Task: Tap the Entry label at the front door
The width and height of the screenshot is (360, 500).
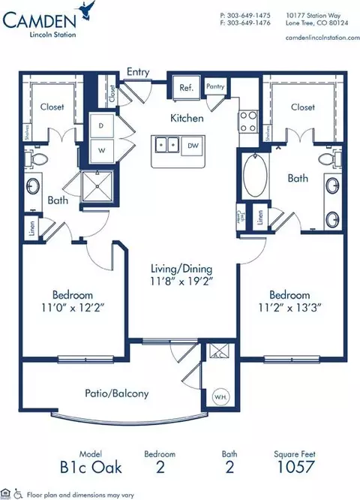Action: click(x=139, y=73)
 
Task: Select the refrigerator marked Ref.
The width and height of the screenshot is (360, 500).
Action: click(x=186, y=88)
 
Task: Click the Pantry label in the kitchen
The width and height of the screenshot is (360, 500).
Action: click(x=215, y=87)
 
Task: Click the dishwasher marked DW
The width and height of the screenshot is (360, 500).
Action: click(x=192, y=144)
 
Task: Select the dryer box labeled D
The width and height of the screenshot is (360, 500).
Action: click(x=100, y=126)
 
